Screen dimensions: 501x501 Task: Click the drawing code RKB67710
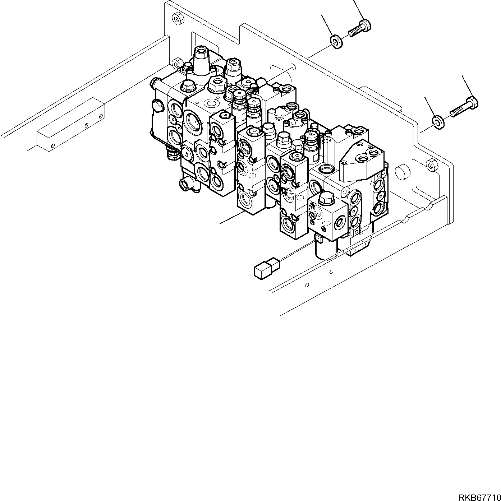pos(478,497)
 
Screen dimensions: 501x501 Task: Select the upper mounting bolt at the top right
pos(360,29)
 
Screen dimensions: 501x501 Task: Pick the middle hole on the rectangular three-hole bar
pos(86,125)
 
